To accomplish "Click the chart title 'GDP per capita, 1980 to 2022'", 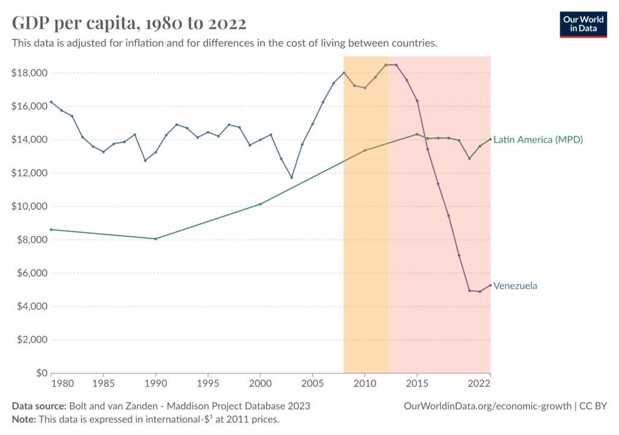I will click(129, 23).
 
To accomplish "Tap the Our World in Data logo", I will click(583, 24).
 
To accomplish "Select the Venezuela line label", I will click(515, 286).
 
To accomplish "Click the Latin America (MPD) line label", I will click(538, 140).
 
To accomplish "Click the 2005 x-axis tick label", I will click(313, 384).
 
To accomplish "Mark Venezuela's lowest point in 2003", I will click(291, 178).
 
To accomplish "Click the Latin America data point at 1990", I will click(156, 239).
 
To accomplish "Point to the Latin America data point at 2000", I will click(261, 204).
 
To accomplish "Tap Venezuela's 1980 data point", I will click(51, 101).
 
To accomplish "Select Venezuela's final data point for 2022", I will click(490, 285).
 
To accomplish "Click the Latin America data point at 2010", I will click(365, 150).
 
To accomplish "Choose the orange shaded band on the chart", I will click(366, 242).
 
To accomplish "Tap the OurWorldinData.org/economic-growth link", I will click(487, 406).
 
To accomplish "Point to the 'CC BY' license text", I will click(593, 406).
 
